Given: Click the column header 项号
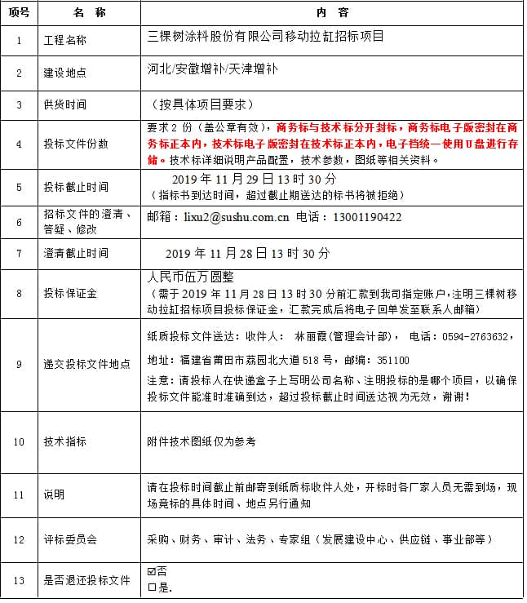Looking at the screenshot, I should coord(19,13).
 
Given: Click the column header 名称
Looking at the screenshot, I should coord(90,13).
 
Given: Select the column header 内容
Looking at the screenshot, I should coord(332,13).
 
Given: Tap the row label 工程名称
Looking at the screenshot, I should coord(64,40).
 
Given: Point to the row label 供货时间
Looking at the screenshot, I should coord(64,104).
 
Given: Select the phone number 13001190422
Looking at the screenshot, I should coord(366,218).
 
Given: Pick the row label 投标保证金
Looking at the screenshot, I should coord(70,293).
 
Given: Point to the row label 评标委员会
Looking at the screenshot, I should coord(70,540).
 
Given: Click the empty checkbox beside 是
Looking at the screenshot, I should coord(152,586).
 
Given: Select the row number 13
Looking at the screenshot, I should coord(19,580).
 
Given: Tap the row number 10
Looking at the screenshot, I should coord(19,441).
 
